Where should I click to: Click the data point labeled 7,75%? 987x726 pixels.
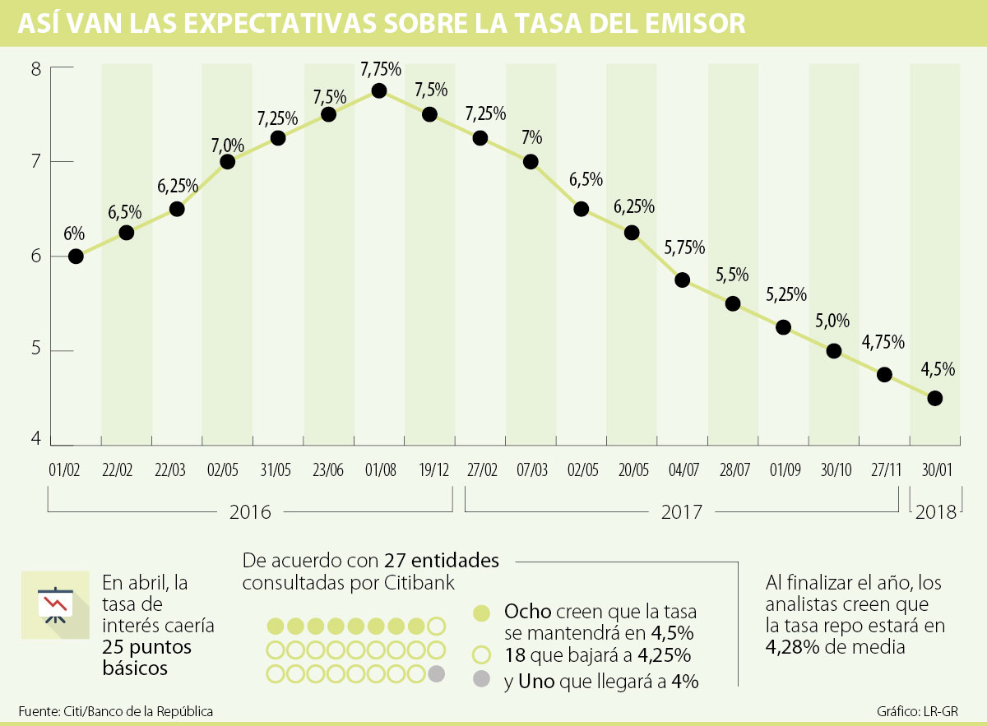point(379,90)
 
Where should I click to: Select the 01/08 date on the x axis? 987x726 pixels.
point(379,471)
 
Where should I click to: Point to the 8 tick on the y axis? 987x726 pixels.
point(36,68)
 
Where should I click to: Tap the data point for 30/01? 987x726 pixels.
point(934,398)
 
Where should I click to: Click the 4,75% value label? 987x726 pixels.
point(883,341)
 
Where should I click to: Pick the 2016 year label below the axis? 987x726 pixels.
point(250,512)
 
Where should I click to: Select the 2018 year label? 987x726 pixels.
point(935,512)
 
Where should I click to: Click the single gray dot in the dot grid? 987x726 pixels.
point(437,674)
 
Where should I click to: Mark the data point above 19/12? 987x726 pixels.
point(429,114)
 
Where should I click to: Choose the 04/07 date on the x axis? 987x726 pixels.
point(682,471)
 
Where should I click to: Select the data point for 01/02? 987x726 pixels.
point(76,256)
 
